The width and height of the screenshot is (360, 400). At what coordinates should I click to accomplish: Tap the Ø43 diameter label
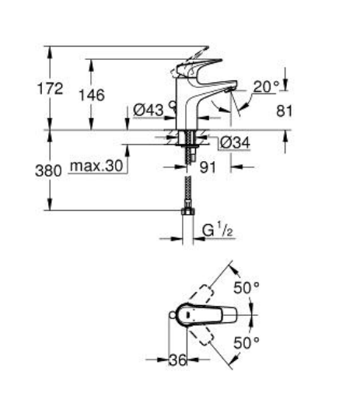point(148,111)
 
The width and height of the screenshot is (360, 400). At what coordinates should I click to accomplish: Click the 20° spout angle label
point(265,87)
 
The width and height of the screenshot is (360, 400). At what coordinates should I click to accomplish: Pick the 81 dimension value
point(285,111)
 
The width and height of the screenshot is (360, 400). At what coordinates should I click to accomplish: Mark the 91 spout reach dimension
point(206,166)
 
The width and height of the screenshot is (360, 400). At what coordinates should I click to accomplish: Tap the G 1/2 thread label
point(218,231)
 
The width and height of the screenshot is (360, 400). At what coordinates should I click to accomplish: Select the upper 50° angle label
point(246,287)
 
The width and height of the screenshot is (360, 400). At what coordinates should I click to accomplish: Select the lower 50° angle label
point(246,341)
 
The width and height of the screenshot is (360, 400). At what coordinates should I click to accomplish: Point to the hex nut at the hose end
point(187,211)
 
